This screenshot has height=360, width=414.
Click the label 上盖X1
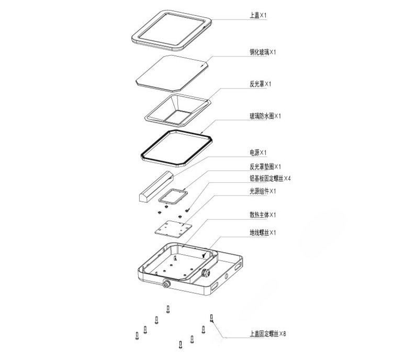258,15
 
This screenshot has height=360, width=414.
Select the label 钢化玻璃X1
262,52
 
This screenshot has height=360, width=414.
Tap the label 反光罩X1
260,84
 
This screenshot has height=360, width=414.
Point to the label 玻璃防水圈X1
265,116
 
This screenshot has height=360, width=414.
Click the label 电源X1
258,152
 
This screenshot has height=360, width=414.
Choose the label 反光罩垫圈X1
265,167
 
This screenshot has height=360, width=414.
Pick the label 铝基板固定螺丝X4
270,178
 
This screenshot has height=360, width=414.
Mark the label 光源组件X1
262,191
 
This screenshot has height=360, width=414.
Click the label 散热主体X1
262,215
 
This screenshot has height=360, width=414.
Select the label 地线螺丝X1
262,233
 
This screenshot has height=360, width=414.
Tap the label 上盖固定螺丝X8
267,334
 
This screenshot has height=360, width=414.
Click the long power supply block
156,187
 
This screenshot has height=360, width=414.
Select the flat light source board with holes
173,230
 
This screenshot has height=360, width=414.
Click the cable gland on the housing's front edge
166,284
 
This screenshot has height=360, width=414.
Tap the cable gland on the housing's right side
205,272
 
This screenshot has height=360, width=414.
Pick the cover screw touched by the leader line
211,318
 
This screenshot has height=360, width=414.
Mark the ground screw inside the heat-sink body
203,255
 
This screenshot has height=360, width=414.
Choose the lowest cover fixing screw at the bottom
181,345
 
